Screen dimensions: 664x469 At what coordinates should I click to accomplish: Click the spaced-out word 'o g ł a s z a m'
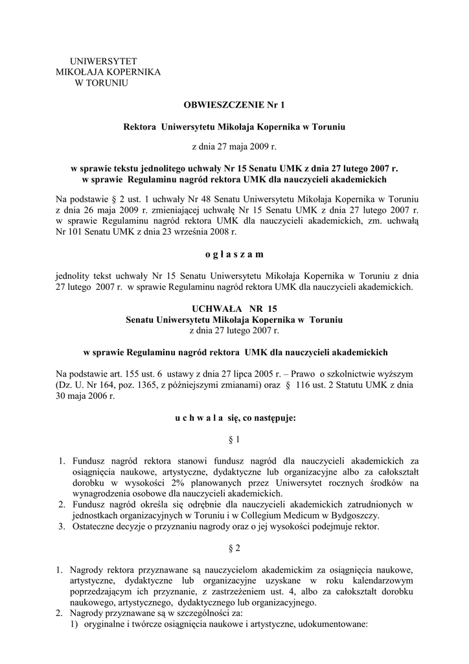click(x=234, y=254)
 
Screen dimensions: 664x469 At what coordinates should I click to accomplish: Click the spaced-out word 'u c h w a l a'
click(x=201, y=418)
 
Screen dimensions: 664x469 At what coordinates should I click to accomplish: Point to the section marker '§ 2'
click(x=234, y=548)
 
